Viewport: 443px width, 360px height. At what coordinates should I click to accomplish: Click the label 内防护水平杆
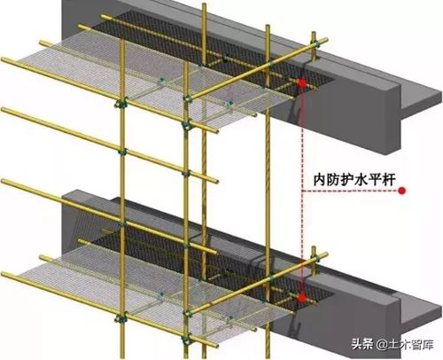coord(354,179)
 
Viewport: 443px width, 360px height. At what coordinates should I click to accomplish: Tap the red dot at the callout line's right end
coord(401,191)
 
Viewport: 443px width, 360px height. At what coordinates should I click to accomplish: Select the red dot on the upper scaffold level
coord(302,82)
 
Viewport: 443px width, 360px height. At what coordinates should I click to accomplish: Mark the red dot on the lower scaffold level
coord(301,298)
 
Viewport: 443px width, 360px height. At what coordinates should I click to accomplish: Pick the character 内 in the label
coord(320,179)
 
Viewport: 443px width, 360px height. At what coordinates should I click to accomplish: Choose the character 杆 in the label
coord(389,179)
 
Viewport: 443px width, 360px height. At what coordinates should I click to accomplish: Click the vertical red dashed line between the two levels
coord(302,191)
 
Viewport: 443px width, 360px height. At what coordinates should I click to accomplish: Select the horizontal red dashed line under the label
coord(350,191)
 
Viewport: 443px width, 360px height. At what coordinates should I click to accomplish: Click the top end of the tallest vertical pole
coord(204,4)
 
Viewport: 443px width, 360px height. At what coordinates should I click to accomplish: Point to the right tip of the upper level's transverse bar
coord(326,39)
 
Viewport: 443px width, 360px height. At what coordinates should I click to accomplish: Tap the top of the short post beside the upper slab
coord(314,32)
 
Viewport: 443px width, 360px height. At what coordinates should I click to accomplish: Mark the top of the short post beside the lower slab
coord(314,247)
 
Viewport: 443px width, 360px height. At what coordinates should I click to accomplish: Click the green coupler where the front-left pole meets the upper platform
coord(121,104)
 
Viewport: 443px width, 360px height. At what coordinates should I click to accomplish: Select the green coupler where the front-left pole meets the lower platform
coord(121,318)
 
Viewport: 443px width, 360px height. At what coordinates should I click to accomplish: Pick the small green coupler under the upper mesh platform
coord(161,80)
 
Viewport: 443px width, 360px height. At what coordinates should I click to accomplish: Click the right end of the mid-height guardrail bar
coord(216,180)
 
